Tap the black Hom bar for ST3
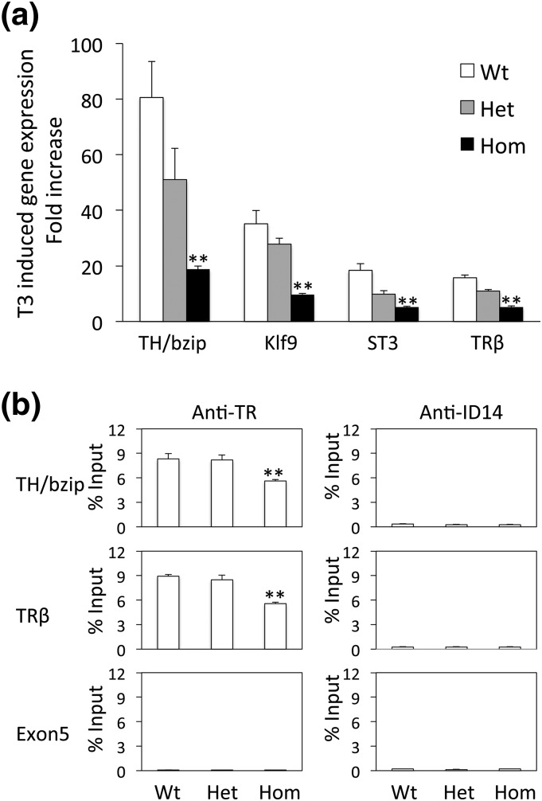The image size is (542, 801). pyautogui.click(x=407, y=315)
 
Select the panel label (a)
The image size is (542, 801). pyautogui.click(x=23, y=18)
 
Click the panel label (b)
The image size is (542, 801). pyautogui.click(x=23, y=400)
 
